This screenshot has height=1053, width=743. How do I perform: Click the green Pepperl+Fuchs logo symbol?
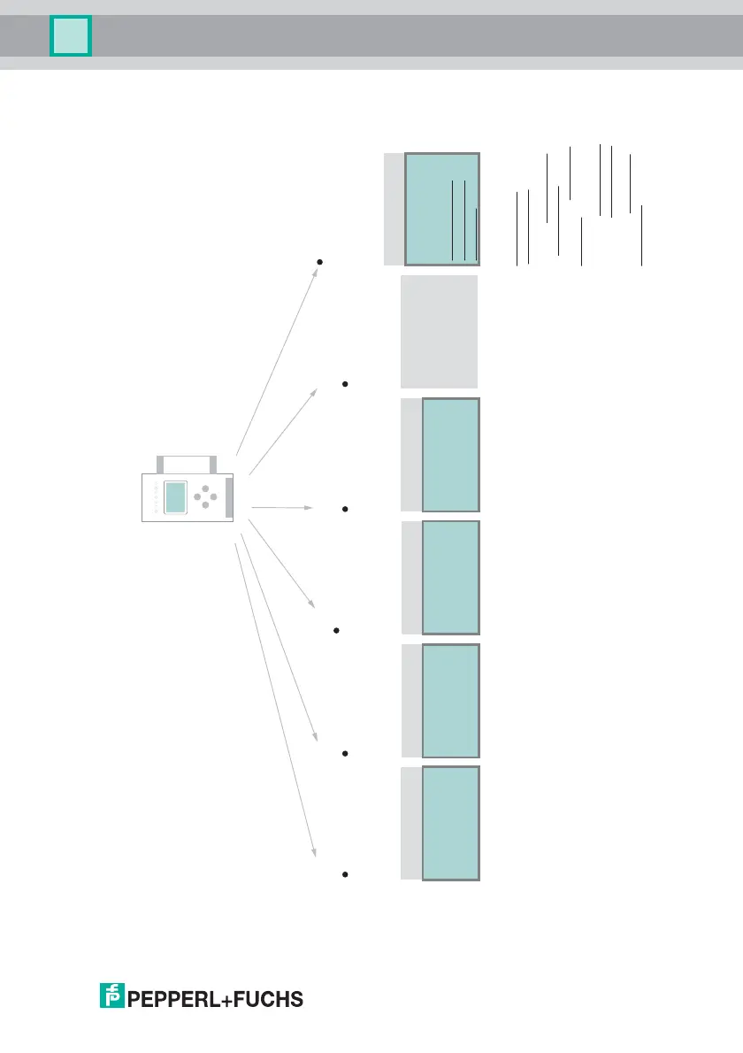click(111, 997)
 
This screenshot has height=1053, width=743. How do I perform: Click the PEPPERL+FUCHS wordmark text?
click(217, 1000)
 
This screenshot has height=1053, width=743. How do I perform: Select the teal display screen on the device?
click(177, 497)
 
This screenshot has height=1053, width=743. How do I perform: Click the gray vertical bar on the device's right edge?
click(229, 497)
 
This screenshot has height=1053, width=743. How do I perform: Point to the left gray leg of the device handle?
click(160, 465)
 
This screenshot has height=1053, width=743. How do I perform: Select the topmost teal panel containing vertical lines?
click(442, 209)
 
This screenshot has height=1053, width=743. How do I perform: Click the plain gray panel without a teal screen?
click(440, 332)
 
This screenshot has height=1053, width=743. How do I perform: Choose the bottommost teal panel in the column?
click(451, 823)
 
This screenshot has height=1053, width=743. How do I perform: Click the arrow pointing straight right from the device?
click(283, 508)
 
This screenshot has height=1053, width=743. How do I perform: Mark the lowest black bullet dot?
click(343, 874)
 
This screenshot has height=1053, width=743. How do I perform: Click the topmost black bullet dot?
click(319, 262)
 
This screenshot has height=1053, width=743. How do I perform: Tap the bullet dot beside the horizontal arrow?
click(344, 509)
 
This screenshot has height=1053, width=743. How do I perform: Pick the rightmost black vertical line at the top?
click(641, 235)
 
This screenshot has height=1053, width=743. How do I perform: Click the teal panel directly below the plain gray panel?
click(451, 455)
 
